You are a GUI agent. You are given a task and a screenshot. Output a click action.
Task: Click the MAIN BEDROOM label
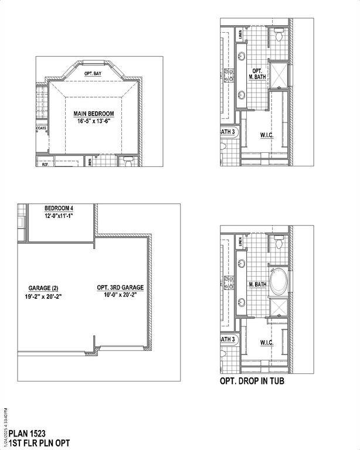coord(93,113)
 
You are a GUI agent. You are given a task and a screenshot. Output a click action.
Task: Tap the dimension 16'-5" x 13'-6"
coord(93,121)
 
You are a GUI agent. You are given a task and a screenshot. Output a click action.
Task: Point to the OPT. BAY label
coord(93,73)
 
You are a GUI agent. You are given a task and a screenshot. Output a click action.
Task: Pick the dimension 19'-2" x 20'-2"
coord(44,296)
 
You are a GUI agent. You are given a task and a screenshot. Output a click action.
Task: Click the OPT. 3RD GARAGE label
coord(120,288)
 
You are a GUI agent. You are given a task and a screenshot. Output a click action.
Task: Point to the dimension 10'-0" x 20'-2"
coord(120,296)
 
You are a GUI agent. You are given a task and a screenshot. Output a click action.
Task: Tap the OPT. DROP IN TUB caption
coord(253,381)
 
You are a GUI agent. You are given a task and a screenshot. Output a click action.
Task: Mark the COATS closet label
coord(42,127)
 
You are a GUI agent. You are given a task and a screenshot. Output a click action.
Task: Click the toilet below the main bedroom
coord(128,161)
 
